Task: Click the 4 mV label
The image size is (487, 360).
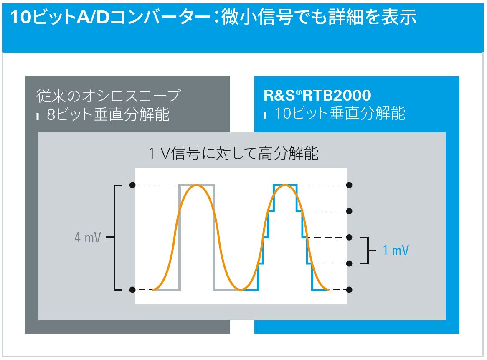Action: [88, 238]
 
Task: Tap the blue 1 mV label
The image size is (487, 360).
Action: [396, 250]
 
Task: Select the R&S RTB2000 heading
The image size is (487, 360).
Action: [317, 95]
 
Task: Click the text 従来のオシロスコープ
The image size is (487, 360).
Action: [109, 95]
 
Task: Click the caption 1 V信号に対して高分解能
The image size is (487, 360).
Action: [233, 153]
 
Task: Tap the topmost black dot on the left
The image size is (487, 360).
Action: [132, 185]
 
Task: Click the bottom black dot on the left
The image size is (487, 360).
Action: [132, 290]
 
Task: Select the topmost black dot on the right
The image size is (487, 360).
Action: [349, 185]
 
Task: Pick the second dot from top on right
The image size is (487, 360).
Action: [349, 211]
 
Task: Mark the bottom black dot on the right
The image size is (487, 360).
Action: [349, 290]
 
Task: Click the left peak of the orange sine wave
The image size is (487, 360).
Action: [196, 185]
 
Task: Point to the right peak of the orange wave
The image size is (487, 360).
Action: [285, 185]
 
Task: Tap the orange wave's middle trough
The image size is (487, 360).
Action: [241, 289]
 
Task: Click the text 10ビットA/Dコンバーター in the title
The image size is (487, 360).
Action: [110, 17]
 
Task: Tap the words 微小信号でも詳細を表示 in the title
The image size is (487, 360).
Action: [319, 17]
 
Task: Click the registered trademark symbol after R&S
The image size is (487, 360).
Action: [299, 92]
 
